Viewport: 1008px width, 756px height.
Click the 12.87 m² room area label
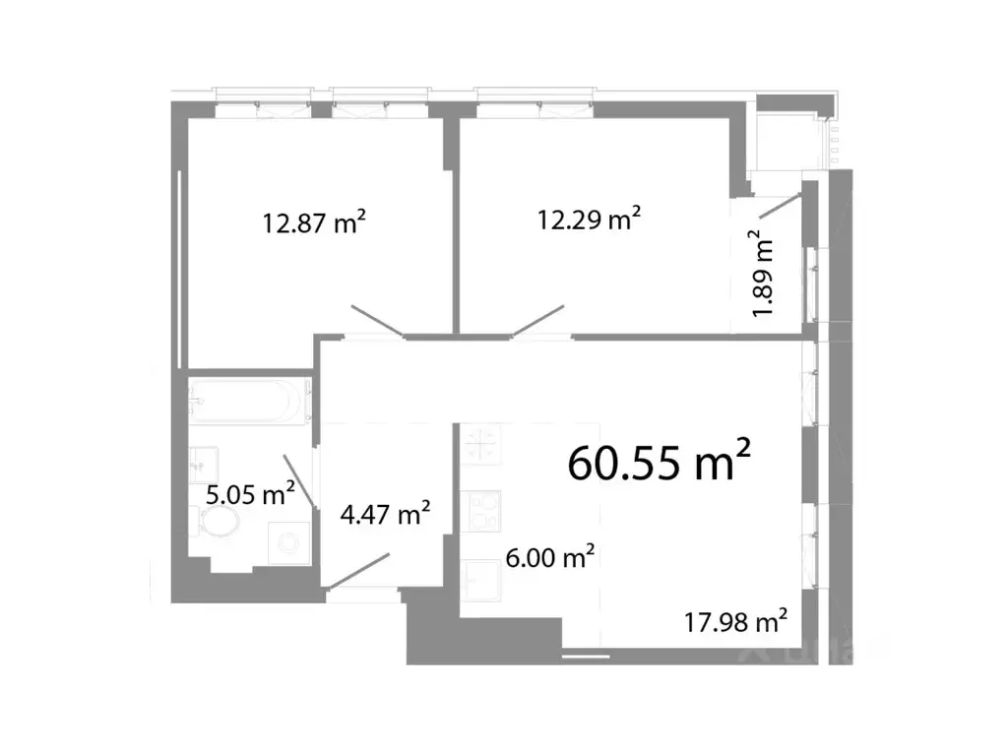(x=314, y=223)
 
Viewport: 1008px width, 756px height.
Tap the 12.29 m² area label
(x=588, y=219)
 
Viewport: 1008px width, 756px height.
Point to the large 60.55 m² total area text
(x=660, y=462)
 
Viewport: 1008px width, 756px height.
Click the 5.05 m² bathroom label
(x=251, y=494)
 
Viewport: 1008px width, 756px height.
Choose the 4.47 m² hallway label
(x=384, y=514)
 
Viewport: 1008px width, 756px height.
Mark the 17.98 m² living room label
(x=735, y=621)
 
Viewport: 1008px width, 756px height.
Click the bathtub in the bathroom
(x=249, y=400)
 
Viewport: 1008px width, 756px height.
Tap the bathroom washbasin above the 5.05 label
(x=205, y=460)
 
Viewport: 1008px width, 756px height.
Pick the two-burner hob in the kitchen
(x=482, y=511)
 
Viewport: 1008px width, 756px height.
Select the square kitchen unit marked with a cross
(x=481, y=445)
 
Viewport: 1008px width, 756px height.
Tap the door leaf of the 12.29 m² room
(x=537, y=323)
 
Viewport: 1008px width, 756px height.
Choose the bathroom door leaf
(x=299, y=481)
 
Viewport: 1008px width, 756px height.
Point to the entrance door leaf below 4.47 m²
(x=358, y=571)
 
